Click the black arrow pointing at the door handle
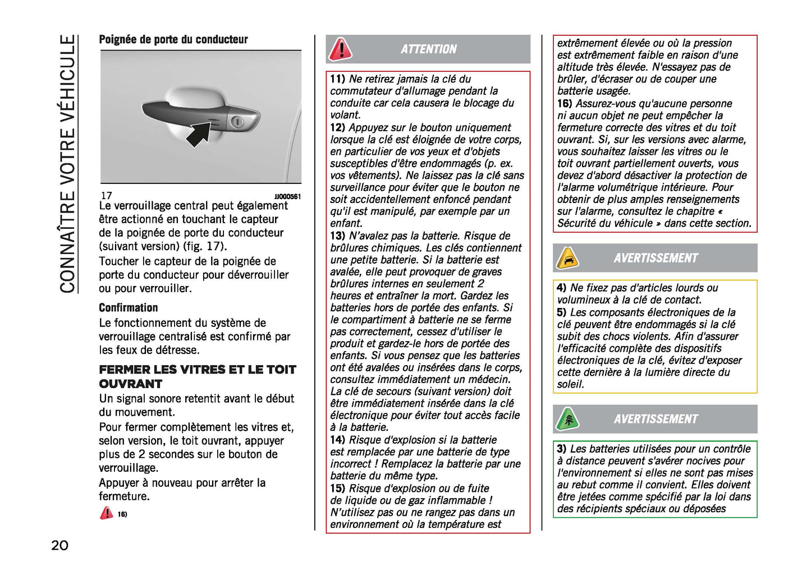pyautogui.click(x=199, y=134)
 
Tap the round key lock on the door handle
pyautogui.click(x=237, y=122)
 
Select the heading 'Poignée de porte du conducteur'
pyautogui.click(x=173, y=39)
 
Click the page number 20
pyautogui.click(x=59, y=545)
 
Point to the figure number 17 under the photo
pyautogui.click(x=106, y=196)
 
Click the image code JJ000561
pyautogui.click(x=287, y=196)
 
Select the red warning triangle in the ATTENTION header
pyautogui.click(x=340, y=49)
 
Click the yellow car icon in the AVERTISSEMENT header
pyautogui.click(x=567, y=258)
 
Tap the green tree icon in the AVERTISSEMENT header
pyautogui.click(x=567, y=419)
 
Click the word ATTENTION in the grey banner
pyautogui.click(x=428, y=49)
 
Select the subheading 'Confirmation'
pyautogui.click(x=129, y=307)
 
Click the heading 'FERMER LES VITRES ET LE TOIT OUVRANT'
pyautogui.click(x=197, y=376)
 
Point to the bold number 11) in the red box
pyautogui.click(x=337, y=79)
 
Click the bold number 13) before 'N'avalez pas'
pyautogui.click(x=337, y=236)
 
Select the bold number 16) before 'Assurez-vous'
pyautogui.click(x=565, y=104)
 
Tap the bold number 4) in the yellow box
pyautogui.click(x=562, y=288)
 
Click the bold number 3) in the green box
pyautogui.click(x=562, y=449)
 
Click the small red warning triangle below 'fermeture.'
pyautogui.click(x=106, y=513)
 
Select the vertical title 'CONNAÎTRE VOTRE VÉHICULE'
pyautogui.click(x=67, y=164)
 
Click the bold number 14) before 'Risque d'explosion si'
pyautogui.click(x=337, y=440)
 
